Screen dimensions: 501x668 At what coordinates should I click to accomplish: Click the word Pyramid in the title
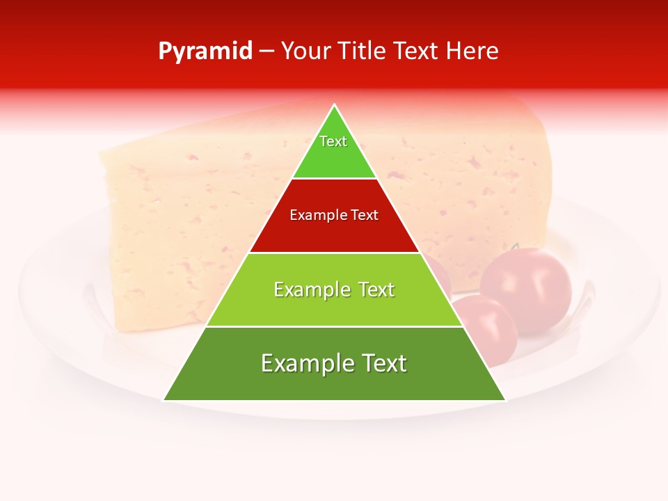[205, 51]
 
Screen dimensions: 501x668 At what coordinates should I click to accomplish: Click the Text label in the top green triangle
[333, 141]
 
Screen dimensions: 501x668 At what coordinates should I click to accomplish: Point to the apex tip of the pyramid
[335, 106]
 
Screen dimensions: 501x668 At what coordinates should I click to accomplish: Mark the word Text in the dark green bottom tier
[383, 363]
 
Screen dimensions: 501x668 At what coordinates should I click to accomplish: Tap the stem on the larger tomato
[515, 246]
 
